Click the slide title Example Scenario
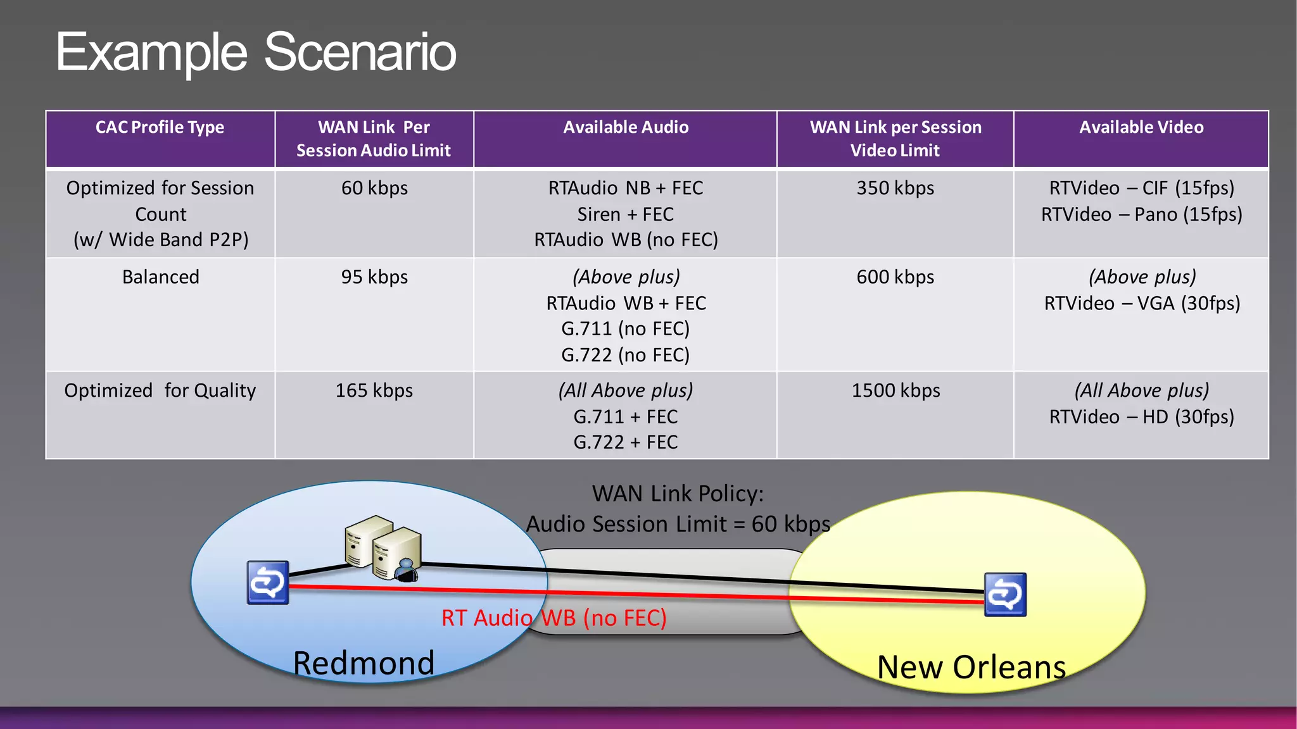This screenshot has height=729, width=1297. click(x=256, y=52)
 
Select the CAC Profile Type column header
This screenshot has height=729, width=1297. click(x=160, y=127)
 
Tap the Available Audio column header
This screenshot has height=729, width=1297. click(x=626, y=127)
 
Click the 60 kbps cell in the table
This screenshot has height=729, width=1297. click(x=374, y=188)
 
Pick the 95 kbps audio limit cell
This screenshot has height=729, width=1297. click(x=374, y=277)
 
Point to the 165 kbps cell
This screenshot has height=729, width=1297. click(x=374, y=390)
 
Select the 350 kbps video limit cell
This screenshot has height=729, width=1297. click(x=895, y=188)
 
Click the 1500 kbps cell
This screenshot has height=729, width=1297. click(x=895, y=390)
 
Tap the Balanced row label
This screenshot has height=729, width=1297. click(x=160, y=277)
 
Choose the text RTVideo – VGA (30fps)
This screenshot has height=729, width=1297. click(x=1142, y=303)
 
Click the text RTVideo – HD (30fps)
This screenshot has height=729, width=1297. click(x=1142, y=416)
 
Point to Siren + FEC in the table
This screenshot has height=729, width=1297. click(x=626, y=215)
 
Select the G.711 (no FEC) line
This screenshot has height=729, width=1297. click(x=626, y=329)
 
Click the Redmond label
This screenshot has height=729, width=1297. click(x=364, y=663)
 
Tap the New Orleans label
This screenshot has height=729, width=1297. click(x=971, y=667)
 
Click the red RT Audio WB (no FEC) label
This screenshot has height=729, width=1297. click(x=554, y=618)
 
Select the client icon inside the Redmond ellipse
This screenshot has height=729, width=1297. click(x=268, y=582)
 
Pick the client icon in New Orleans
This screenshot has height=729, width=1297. click(x=1005, y=594)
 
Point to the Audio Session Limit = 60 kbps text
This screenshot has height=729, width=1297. click(x=678, y=524)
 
